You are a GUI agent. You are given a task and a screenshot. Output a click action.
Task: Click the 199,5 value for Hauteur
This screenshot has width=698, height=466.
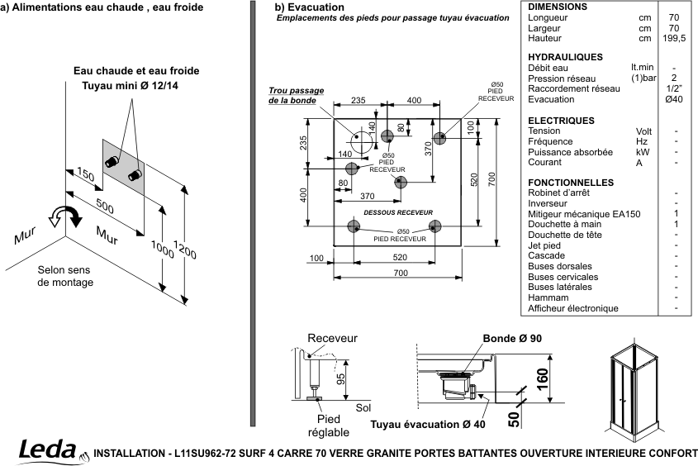click(674, 38)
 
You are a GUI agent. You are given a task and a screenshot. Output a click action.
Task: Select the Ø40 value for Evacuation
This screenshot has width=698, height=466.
click(674, 99)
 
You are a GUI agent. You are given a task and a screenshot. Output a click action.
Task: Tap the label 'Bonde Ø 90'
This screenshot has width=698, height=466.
click(512, 339)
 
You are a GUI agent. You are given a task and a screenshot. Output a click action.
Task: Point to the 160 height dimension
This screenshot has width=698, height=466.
click(542, 378)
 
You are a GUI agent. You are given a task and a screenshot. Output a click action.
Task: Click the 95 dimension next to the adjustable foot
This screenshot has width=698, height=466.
click(340, 378)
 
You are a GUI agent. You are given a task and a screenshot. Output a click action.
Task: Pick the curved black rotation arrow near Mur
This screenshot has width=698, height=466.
click(71, 214)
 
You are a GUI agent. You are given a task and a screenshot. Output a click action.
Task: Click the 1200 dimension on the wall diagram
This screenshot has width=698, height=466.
click(185, 250)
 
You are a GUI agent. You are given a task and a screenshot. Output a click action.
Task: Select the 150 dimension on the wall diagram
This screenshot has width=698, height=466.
click(85, 174)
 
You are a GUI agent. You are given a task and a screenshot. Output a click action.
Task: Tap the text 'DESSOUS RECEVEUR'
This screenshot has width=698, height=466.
click(398, 212)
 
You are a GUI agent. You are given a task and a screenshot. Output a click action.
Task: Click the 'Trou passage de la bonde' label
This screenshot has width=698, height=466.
click(296, 96)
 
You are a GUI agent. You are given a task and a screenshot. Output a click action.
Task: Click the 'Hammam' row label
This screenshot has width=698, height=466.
click(548, 297)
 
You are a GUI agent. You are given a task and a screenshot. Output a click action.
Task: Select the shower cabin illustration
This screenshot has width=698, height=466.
click(634, 388)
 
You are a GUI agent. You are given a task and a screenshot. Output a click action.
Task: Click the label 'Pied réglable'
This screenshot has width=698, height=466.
click(329, 426)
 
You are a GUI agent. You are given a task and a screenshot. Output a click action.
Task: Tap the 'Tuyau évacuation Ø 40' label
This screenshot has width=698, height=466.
click(428, 425)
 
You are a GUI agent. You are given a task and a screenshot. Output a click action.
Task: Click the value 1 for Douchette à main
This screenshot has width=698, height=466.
click(677, 224)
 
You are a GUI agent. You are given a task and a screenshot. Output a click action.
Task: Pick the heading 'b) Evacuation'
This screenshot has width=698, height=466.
click(310, 7)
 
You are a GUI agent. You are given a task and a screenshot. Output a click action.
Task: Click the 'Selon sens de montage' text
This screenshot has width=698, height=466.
click(65, 276)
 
